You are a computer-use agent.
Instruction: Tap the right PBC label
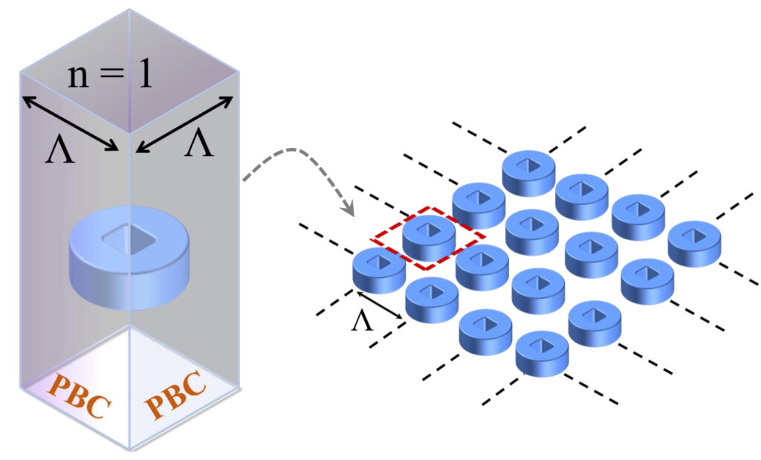(x=175, y=392)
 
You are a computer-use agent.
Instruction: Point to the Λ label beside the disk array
(x=361, y=322)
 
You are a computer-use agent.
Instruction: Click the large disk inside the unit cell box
(x=130, y=259)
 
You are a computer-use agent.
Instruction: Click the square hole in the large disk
(x=129, y=239)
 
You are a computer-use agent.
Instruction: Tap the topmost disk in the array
(x=528, y=172)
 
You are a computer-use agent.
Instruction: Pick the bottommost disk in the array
(x=541, y=353)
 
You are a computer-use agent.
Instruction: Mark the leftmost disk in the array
(x=378, y=269)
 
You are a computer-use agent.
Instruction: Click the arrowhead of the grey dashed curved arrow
(x=349, y=213)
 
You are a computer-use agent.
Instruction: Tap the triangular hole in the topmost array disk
(x=528, y=163)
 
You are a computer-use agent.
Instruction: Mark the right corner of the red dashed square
(x=485, y=237)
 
